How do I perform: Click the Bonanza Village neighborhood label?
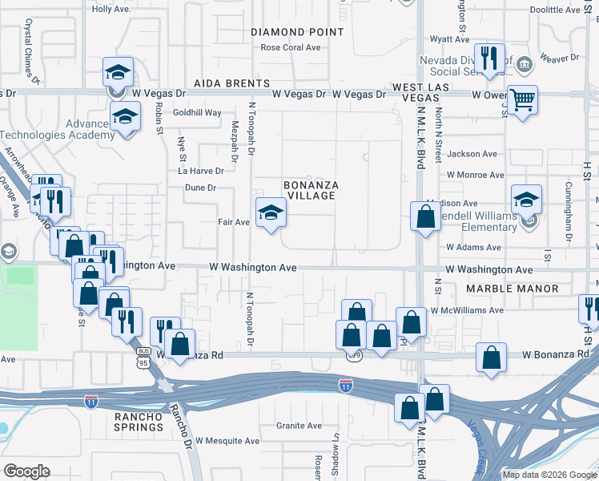tap(312, 190)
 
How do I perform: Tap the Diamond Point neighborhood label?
tap(298, 32)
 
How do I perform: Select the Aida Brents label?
tap(231, 83)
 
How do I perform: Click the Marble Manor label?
tap(504, 289)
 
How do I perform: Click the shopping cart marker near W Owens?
tap(522, 100)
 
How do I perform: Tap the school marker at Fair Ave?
tap(271, 212)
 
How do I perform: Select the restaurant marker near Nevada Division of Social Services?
tap(488, 59)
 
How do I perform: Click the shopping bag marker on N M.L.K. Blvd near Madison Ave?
tap(424, 216)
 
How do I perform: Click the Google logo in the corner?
tap(27, 471)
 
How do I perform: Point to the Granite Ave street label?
tap(300, 426)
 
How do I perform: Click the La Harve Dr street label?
tap(200, 171)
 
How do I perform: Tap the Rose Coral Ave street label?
tap(291, 47)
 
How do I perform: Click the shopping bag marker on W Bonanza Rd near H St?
tap(491, 358)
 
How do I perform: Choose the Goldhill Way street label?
tap(197, 113)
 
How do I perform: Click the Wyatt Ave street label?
tap(449, 38)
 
